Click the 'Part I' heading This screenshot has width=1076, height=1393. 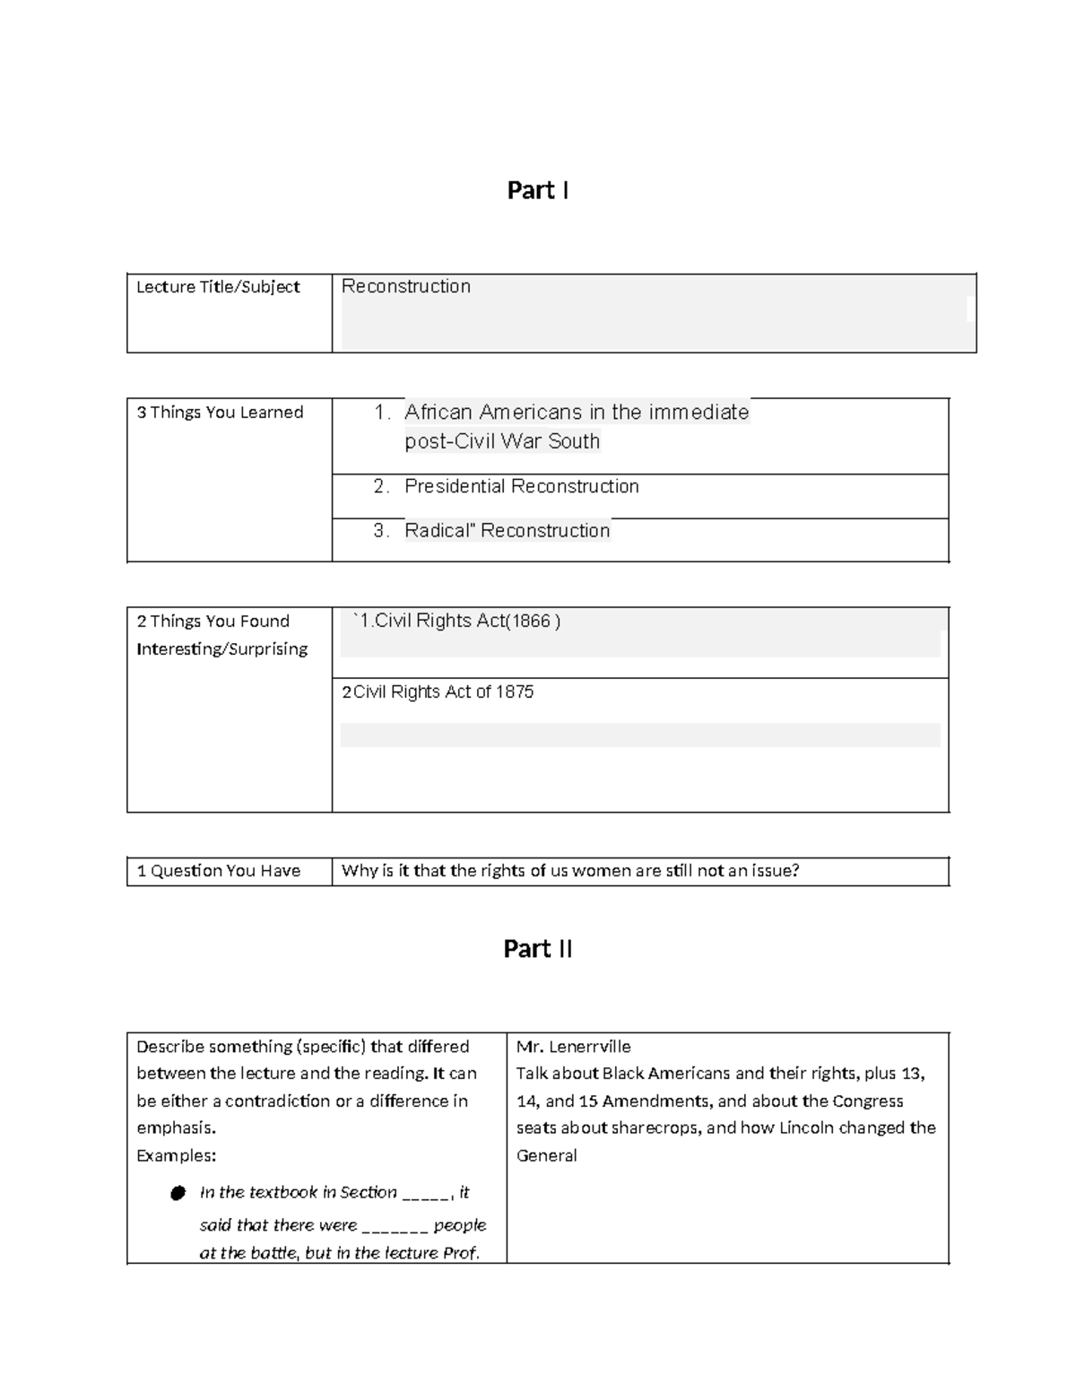[537, 190]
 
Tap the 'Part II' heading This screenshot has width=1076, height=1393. [537, 949]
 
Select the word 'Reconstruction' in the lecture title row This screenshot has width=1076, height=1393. [406, 286]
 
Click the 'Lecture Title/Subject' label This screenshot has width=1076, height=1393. [218, 287]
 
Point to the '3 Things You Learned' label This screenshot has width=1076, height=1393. [220, 413]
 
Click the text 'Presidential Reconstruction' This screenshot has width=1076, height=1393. [521, 486]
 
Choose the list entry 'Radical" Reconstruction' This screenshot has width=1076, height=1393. [507, 530]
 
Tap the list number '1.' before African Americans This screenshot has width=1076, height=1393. [383, 413]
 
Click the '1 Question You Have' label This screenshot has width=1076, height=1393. [218, 871]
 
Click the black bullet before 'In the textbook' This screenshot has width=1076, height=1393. [178, 1193]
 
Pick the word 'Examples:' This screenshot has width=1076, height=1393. [176, 1155]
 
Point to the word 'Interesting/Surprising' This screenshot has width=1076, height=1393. [221, 649]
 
